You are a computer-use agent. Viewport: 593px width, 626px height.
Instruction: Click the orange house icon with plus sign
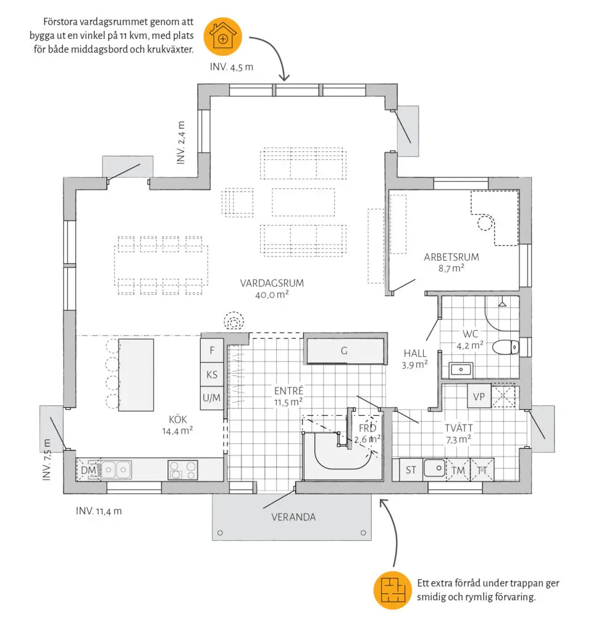pos(222,36)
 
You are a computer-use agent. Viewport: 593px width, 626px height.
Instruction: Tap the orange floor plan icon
pos(392,590)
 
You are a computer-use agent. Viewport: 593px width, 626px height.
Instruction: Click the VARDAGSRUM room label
pos(272,283)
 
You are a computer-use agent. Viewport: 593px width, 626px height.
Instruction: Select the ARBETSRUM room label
pos(452,257)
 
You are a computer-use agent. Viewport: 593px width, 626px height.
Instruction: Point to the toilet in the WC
pos(506,347)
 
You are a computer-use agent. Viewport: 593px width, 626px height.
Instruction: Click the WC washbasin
pos(461,370)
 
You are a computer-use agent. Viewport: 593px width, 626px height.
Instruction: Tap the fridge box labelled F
pos(212,350)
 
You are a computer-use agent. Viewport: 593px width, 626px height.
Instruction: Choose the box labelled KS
pos(212,374)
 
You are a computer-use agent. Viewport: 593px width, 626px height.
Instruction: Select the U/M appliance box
pos(212,397)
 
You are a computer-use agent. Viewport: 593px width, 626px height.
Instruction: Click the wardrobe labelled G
pos(345,350)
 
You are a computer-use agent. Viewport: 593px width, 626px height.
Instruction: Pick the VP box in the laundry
pos(479,397)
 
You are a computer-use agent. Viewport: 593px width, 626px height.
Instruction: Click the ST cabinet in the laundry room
pos(411,470)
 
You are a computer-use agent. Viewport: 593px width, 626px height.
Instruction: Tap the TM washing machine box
pos(458,470)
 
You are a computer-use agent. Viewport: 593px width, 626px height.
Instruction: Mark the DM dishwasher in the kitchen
pos(88,470)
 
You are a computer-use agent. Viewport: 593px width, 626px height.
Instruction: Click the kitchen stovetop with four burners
pos(183,470)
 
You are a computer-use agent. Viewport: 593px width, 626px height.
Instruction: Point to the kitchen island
pos(136,375)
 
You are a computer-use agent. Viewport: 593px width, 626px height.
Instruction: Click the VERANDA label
pos(293,517)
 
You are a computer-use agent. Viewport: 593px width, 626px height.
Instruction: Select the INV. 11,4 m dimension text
pos(99,510)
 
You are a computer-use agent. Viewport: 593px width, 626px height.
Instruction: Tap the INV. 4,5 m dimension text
pos(232,67)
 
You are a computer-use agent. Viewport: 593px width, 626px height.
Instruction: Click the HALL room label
pos(415,353)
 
